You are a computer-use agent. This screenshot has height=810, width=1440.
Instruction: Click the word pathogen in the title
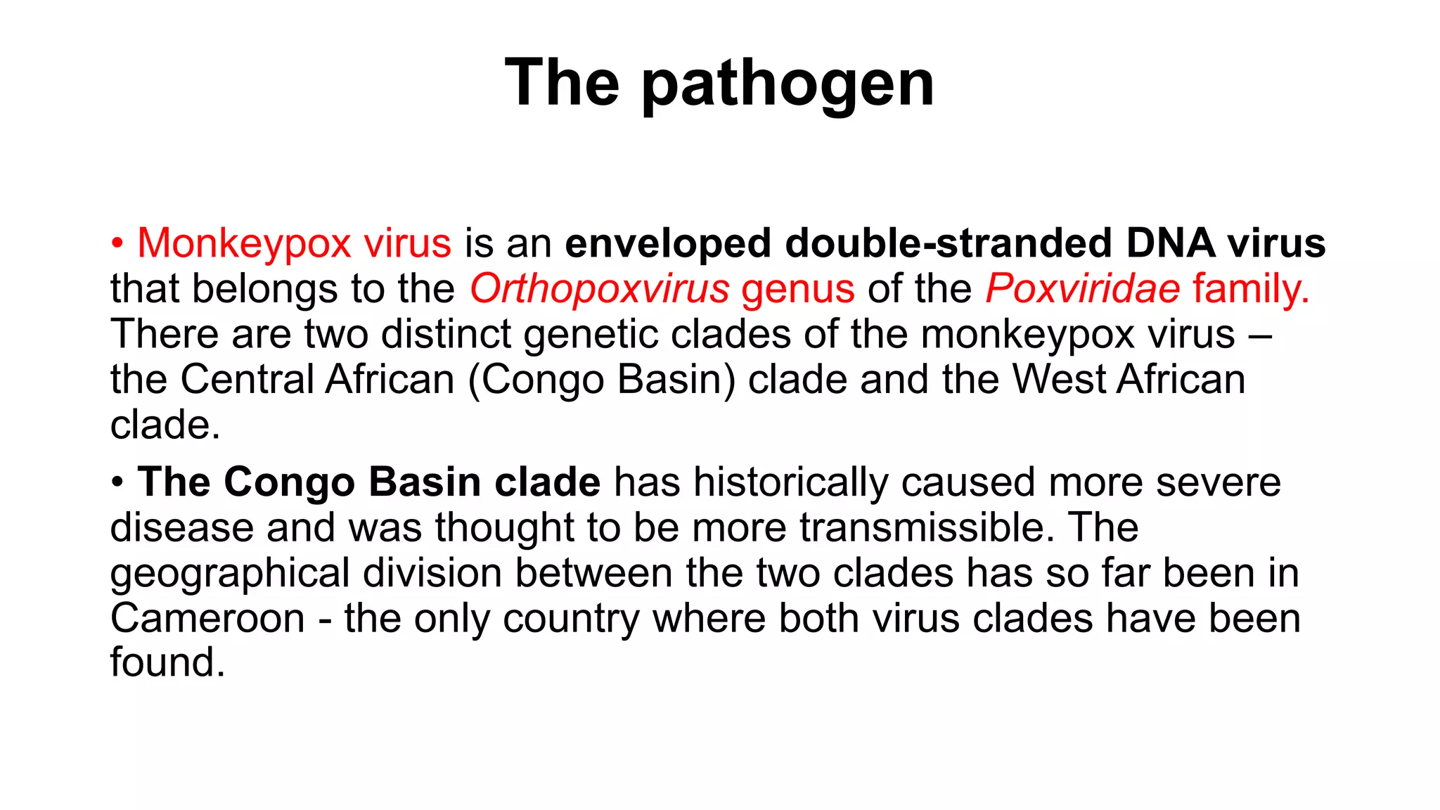tap(787, 84)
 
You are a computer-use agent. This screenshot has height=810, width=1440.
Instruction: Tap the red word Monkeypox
tap(243, 244)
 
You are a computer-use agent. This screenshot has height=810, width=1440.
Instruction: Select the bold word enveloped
tap(668, 244)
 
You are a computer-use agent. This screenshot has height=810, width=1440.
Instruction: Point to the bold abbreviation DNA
tap(1170, 244)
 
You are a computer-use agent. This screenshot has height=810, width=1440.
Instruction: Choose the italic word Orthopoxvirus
tap(599, 289)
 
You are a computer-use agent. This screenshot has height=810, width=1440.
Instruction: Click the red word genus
tap(798, 289)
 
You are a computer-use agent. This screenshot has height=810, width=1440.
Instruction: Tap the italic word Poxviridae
tap(1082, 289)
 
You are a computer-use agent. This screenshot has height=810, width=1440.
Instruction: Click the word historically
tap(790, 483)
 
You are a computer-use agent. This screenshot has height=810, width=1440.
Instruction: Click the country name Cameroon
tap(207, 619)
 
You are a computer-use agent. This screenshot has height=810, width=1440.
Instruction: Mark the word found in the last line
tap(167, 663)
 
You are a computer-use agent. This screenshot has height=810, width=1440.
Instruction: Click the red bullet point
tap(117, 245)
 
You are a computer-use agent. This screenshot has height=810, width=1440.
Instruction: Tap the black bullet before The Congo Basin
tap(117, 484)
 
